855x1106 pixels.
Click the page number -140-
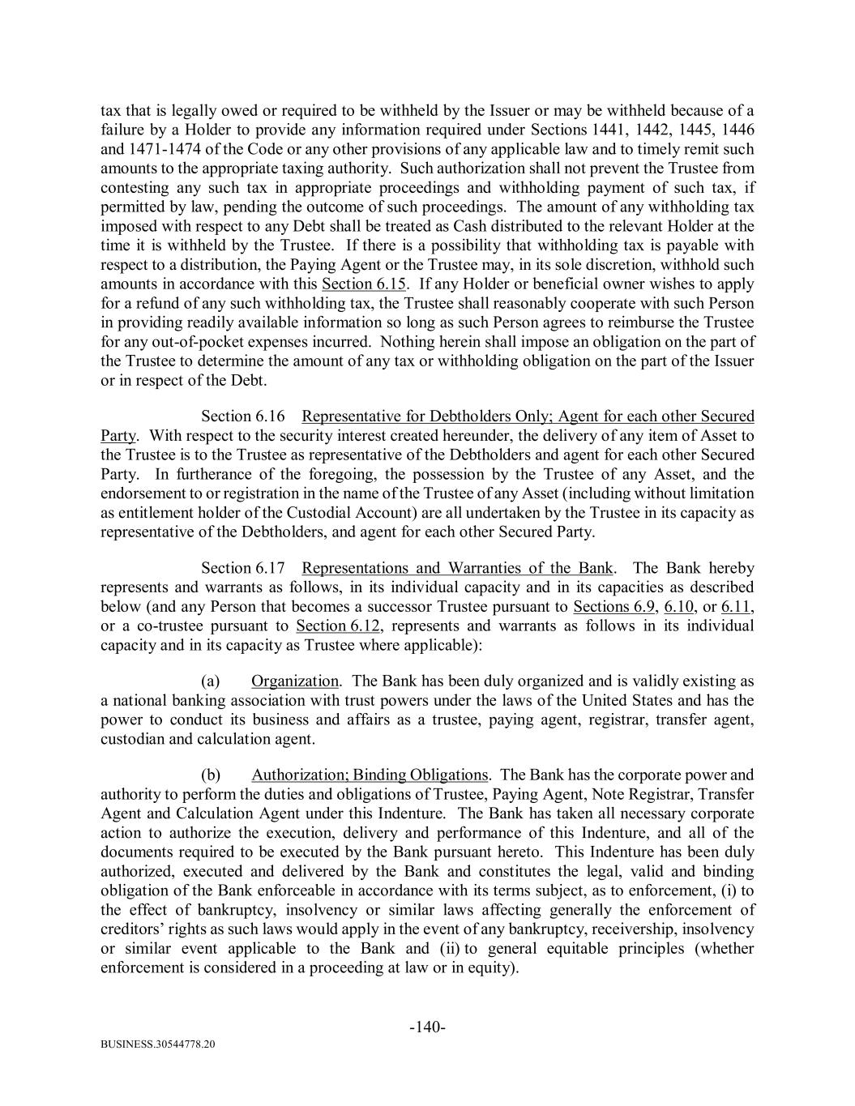[427, 1027]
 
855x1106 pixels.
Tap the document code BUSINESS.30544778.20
[158, 1045]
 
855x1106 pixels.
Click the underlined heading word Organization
[295, 681]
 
